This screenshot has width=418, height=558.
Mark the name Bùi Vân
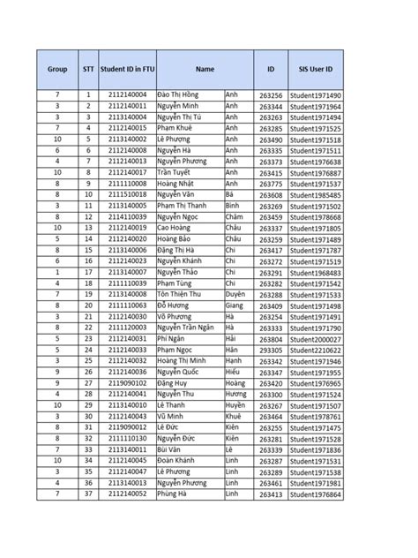[172, 449]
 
